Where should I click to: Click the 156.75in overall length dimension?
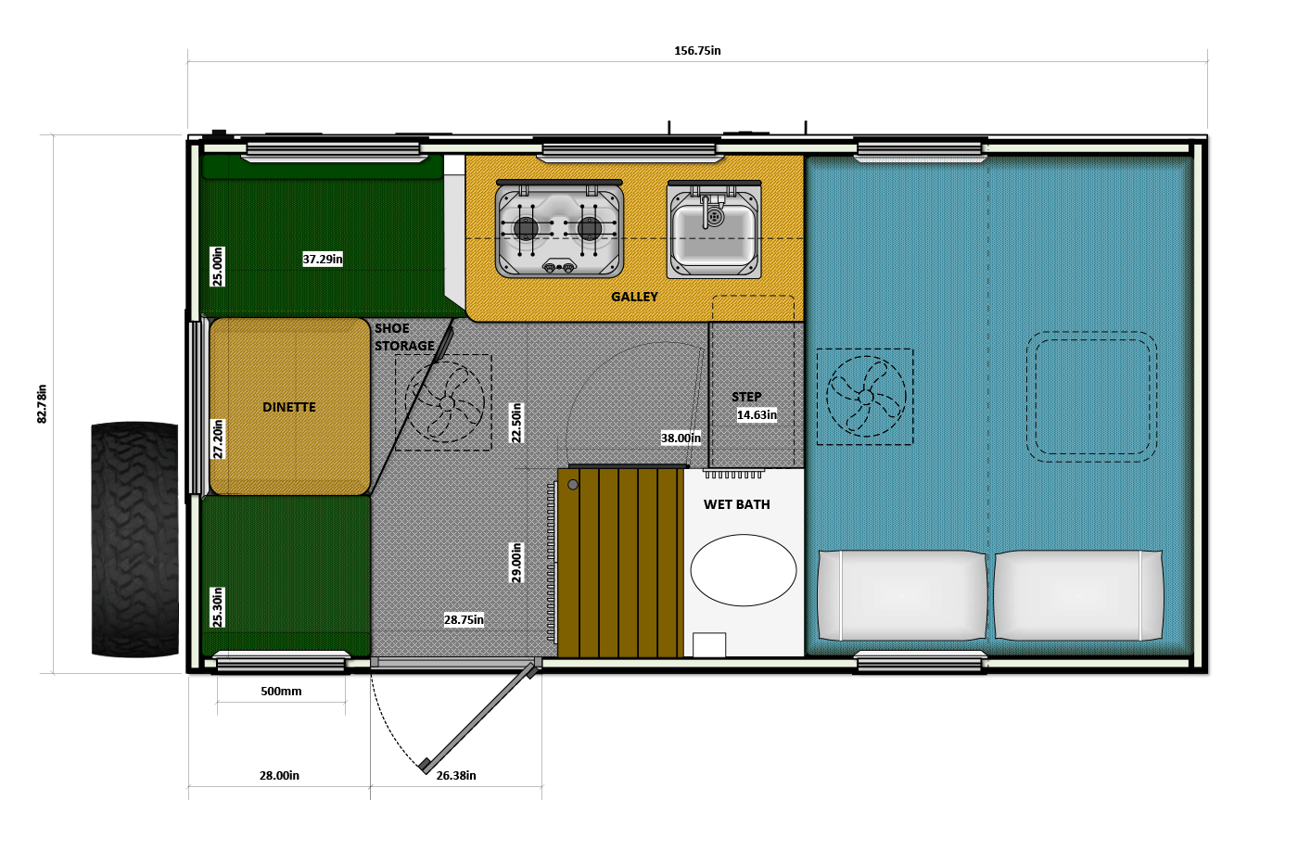pos(697,51)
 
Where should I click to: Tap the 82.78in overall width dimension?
pos(42,404)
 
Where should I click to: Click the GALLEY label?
pos(634,297)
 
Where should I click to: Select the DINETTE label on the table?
pos(289,407)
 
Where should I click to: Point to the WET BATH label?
pos(736,504)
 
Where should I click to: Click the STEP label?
pos(746,397)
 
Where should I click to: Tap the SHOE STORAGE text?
pos(404,337)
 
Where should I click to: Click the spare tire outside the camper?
pos(134,539)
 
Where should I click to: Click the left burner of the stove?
pos(527,228)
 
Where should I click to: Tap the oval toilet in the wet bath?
pos(743,570)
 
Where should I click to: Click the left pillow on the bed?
pos(901,596)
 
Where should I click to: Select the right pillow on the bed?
pos(1078,596)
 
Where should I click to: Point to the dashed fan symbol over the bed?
pos(865,397)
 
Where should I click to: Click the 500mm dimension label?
pos(281,692)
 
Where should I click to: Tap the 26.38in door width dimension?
pos(456,775)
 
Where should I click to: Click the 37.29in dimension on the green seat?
pos(323,259)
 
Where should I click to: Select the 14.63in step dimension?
pos(757,415)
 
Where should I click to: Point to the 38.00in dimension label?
pos(681,438)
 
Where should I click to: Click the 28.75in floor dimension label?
pos(464,620)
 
